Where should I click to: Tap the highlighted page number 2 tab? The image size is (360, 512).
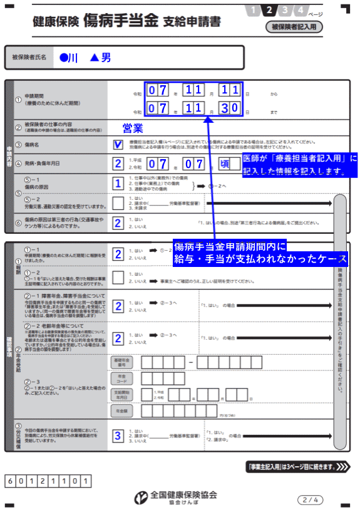[269, 10]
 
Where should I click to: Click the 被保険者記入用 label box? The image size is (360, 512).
[293, 27]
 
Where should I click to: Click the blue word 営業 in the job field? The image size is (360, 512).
[133, 128]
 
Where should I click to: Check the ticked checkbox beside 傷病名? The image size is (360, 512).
[118, 145]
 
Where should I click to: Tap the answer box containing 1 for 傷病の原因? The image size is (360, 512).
[118, 184]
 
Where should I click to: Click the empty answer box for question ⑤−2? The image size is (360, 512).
[118, 203]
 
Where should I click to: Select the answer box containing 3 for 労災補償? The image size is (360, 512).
[118, 436]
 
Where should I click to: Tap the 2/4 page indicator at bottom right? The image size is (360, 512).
[311, 499]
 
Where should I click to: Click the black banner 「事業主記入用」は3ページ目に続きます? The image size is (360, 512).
[298, 467]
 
